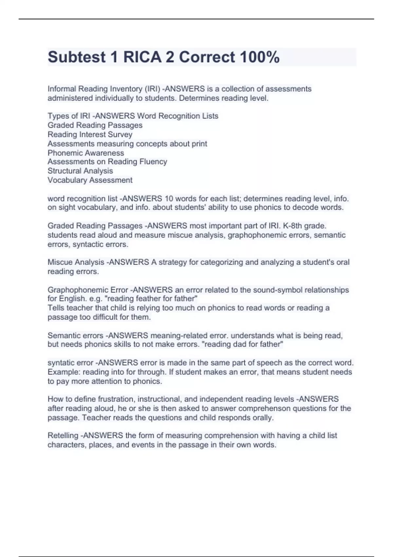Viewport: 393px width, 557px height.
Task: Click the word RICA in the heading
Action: [142, 57]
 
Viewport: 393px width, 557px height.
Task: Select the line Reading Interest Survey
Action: [90, 134]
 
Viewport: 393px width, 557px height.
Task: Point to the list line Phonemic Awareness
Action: [85, 153]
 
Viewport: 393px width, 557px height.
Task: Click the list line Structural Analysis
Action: [80, 171]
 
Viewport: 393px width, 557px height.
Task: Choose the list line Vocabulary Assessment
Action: [90, 180]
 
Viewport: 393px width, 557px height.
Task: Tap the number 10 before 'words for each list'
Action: [169, 199]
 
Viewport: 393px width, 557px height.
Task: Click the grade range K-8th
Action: [314, 226]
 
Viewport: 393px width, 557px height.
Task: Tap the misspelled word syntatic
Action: [61, 363]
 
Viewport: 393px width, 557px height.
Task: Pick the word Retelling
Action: [63, 435]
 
